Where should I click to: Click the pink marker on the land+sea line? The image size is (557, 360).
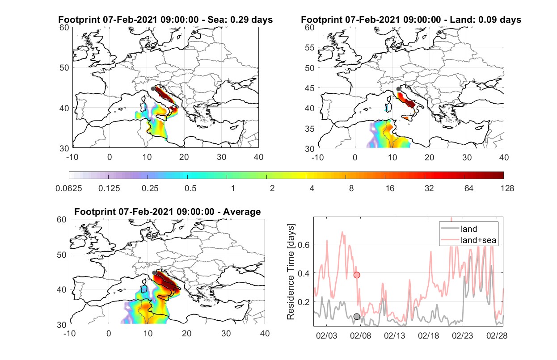(x=357, y=275)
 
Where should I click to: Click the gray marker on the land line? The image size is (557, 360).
(x=357, y=317)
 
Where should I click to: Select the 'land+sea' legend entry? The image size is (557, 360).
(x=468, y=240)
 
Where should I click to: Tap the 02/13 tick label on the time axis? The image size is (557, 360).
(x=394, y=335)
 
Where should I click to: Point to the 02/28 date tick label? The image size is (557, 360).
(x=497, y=335)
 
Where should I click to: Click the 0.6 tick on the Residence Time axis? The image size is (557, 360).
(x=304, y=245)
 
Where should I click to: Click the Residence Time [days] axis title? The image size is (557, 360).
(x=290, y=272)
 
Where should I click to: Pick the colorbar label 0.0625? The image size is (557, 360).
(x=69, y=188)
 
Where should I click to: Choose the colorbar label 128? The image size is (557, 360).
(x=507, y=188)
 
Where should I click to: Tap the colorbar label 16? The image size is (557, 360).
(x=390, y=188)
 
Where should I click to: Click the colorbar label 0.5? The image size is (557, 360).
(x=190, y=188)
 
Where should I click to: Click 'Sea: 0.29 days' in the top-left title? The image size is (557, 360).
(x=240, y=20)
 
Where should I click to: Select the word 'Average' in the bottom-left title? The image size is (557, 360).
(x=242, y=212)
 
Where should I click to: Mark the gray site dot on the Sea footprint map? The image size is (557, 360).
(x=153, y=89)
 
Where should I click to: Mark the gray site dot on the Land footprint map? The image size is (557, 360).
(x=398, y=89)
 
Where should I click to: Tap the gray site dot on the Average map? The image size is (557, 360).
(x=154, y=272)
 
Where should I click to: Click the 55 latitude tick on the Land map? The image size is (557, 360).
(x=310, y=47)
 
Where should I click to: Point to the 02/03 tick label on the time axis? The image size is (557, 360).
(x=326, y=335)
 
